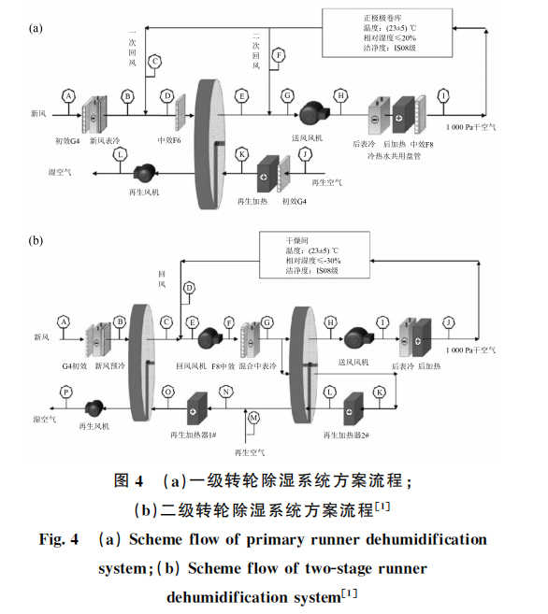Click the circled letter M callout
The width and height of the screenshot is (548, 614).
point(253,418)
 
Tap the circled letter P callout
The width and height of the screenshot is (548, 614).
point(65,392)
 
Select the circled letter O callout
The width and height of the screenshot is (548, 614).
point(168,392)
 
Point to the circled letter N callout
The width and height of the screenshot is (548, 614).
point(226,392)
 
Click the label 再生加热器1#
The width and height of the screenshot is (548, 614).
point(194,436)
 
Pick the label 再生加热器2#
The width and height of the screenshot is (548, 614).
point(346,436)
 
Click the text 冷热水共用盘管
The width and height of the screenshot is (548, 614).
point(394,156)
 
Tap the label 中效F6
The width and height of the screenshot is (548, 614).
point(169,140)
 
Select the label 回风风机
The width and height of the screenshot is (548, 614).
point(191,366)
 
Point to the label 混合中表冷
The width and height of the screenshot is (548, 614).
point(257,366)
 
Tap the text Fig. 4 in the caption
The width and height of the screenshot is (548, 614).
point(58,539)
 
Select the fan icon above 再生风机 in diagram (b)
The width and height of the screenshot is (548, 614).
point(94,408)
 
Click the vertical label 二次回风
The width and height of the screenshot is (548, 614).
point(256,50)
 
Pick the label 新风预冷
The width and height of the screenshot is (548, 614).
point(109,366)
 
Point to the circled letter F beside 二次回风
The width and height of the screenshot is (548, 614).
point(279,55)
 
